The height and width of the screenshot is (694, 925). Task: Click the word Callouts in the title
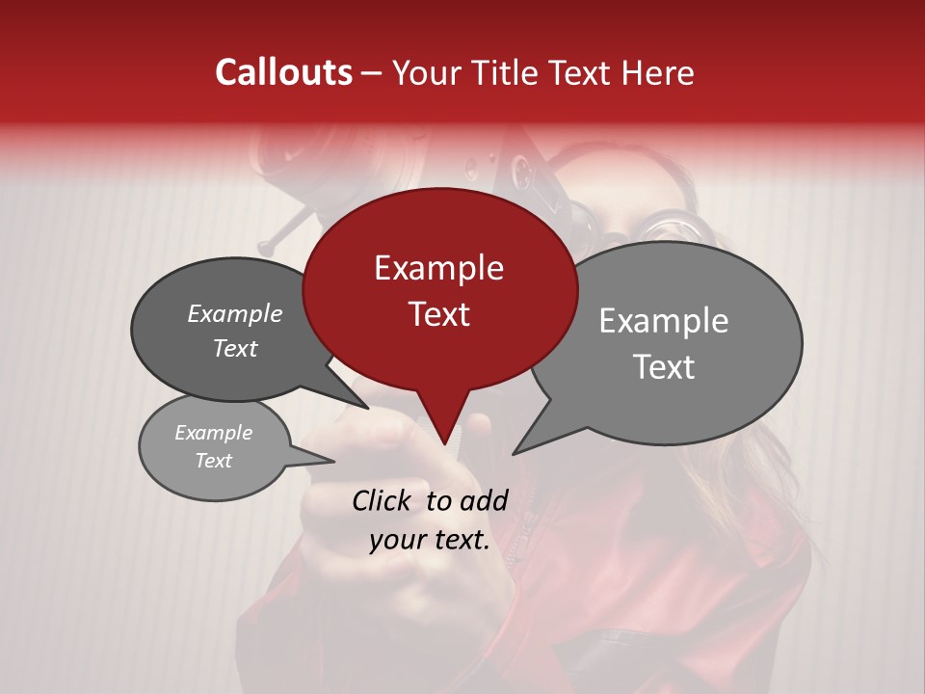pos(283,73)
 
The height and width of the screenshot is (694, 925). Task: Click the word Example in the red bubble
pos(438,268)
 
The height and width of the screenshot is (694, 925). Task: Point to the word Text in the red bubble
pos(438,314)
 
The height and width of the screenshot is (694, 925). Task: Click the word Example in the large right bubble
pos(664,321)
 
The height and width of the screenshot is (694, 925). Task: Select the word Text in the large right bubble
pos(664,367)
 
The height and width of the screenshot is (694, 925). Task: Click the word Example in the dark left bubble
pos(235,313)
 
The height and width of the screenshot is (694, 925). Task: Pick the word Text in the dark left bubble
pos(235,348)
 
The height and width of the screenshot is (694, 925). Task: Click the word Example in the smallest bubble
pos(213,433)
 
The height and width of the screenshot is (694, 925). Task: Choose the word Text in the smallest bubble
pos(213,461)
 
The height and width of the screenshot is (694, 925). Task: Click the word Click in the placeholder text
pos(383,500)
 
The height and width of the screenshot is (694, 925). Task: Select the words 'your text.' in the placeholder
pos(430,540)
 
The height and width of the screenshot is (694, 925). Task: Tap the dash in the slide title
pos(373,73)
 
